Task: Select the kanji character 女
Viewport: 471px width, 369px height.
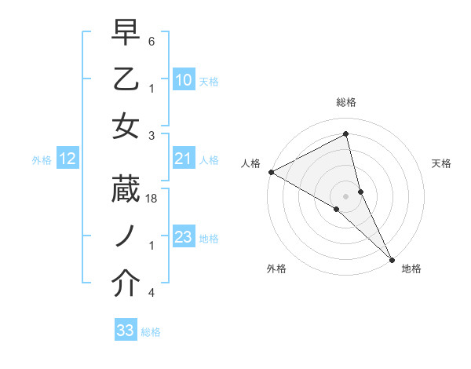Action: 126,126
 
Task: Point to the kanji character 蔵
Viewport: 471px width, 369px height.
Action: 126,192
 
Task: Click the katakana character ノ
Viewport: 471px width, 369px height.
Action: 126,237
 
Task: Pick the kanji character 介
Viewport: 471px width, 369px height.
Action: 126,284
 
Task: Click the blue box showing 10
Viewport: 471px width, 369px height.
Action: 184,80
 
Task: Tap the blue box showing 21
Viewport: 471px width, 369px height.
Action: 184,159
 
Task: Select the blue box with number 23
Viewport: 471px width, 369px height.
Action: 184,238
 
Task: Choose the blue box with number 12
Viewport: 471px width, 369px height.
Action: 67,159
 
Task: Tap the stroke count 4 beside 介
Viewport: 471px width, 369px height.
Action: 152,293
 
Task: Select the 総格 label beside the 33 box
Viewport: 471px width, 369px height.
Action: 151,332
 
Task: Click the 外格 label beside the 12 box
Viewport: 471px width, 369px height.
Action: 42,160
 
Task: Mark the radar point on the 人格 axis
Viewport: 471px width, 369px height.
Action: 271,172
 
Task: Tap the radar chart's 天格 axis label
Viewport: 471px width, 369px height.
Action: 441,163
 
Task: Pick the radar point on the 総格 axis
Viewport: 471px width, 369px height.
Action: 345,135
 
